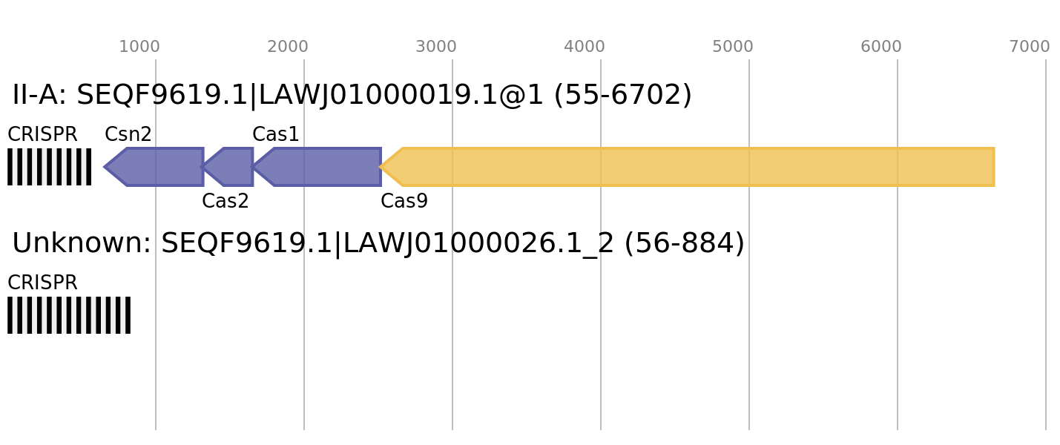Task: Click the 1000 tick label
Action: click(139, 47)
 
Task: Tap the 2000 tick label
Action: click(288, 47)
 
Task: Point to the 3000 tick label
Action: click(436, 47)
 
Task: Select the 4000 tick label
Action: click(585, 47)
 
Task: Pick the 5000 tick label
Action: click(733, 47)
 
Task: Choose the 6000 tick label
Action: click(881, 47)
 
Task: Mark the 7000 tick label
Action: click(1030, 47)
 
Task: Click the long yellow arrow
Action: click(697, 167)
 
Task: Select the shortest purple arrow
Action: click(231, 167)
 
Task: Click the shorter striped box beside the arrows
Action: click(49, 167)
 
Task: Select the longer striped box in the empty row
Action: click(69, 315)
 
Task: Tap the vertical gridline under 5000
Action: click(749, 311)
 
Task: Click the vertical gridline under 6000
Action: click(898, 311)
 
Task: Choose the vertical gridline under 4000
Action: click(601, 311)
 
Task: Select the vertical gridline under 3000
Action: click(452, 311)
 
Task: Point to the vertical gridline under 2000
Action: click(304, 311)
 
